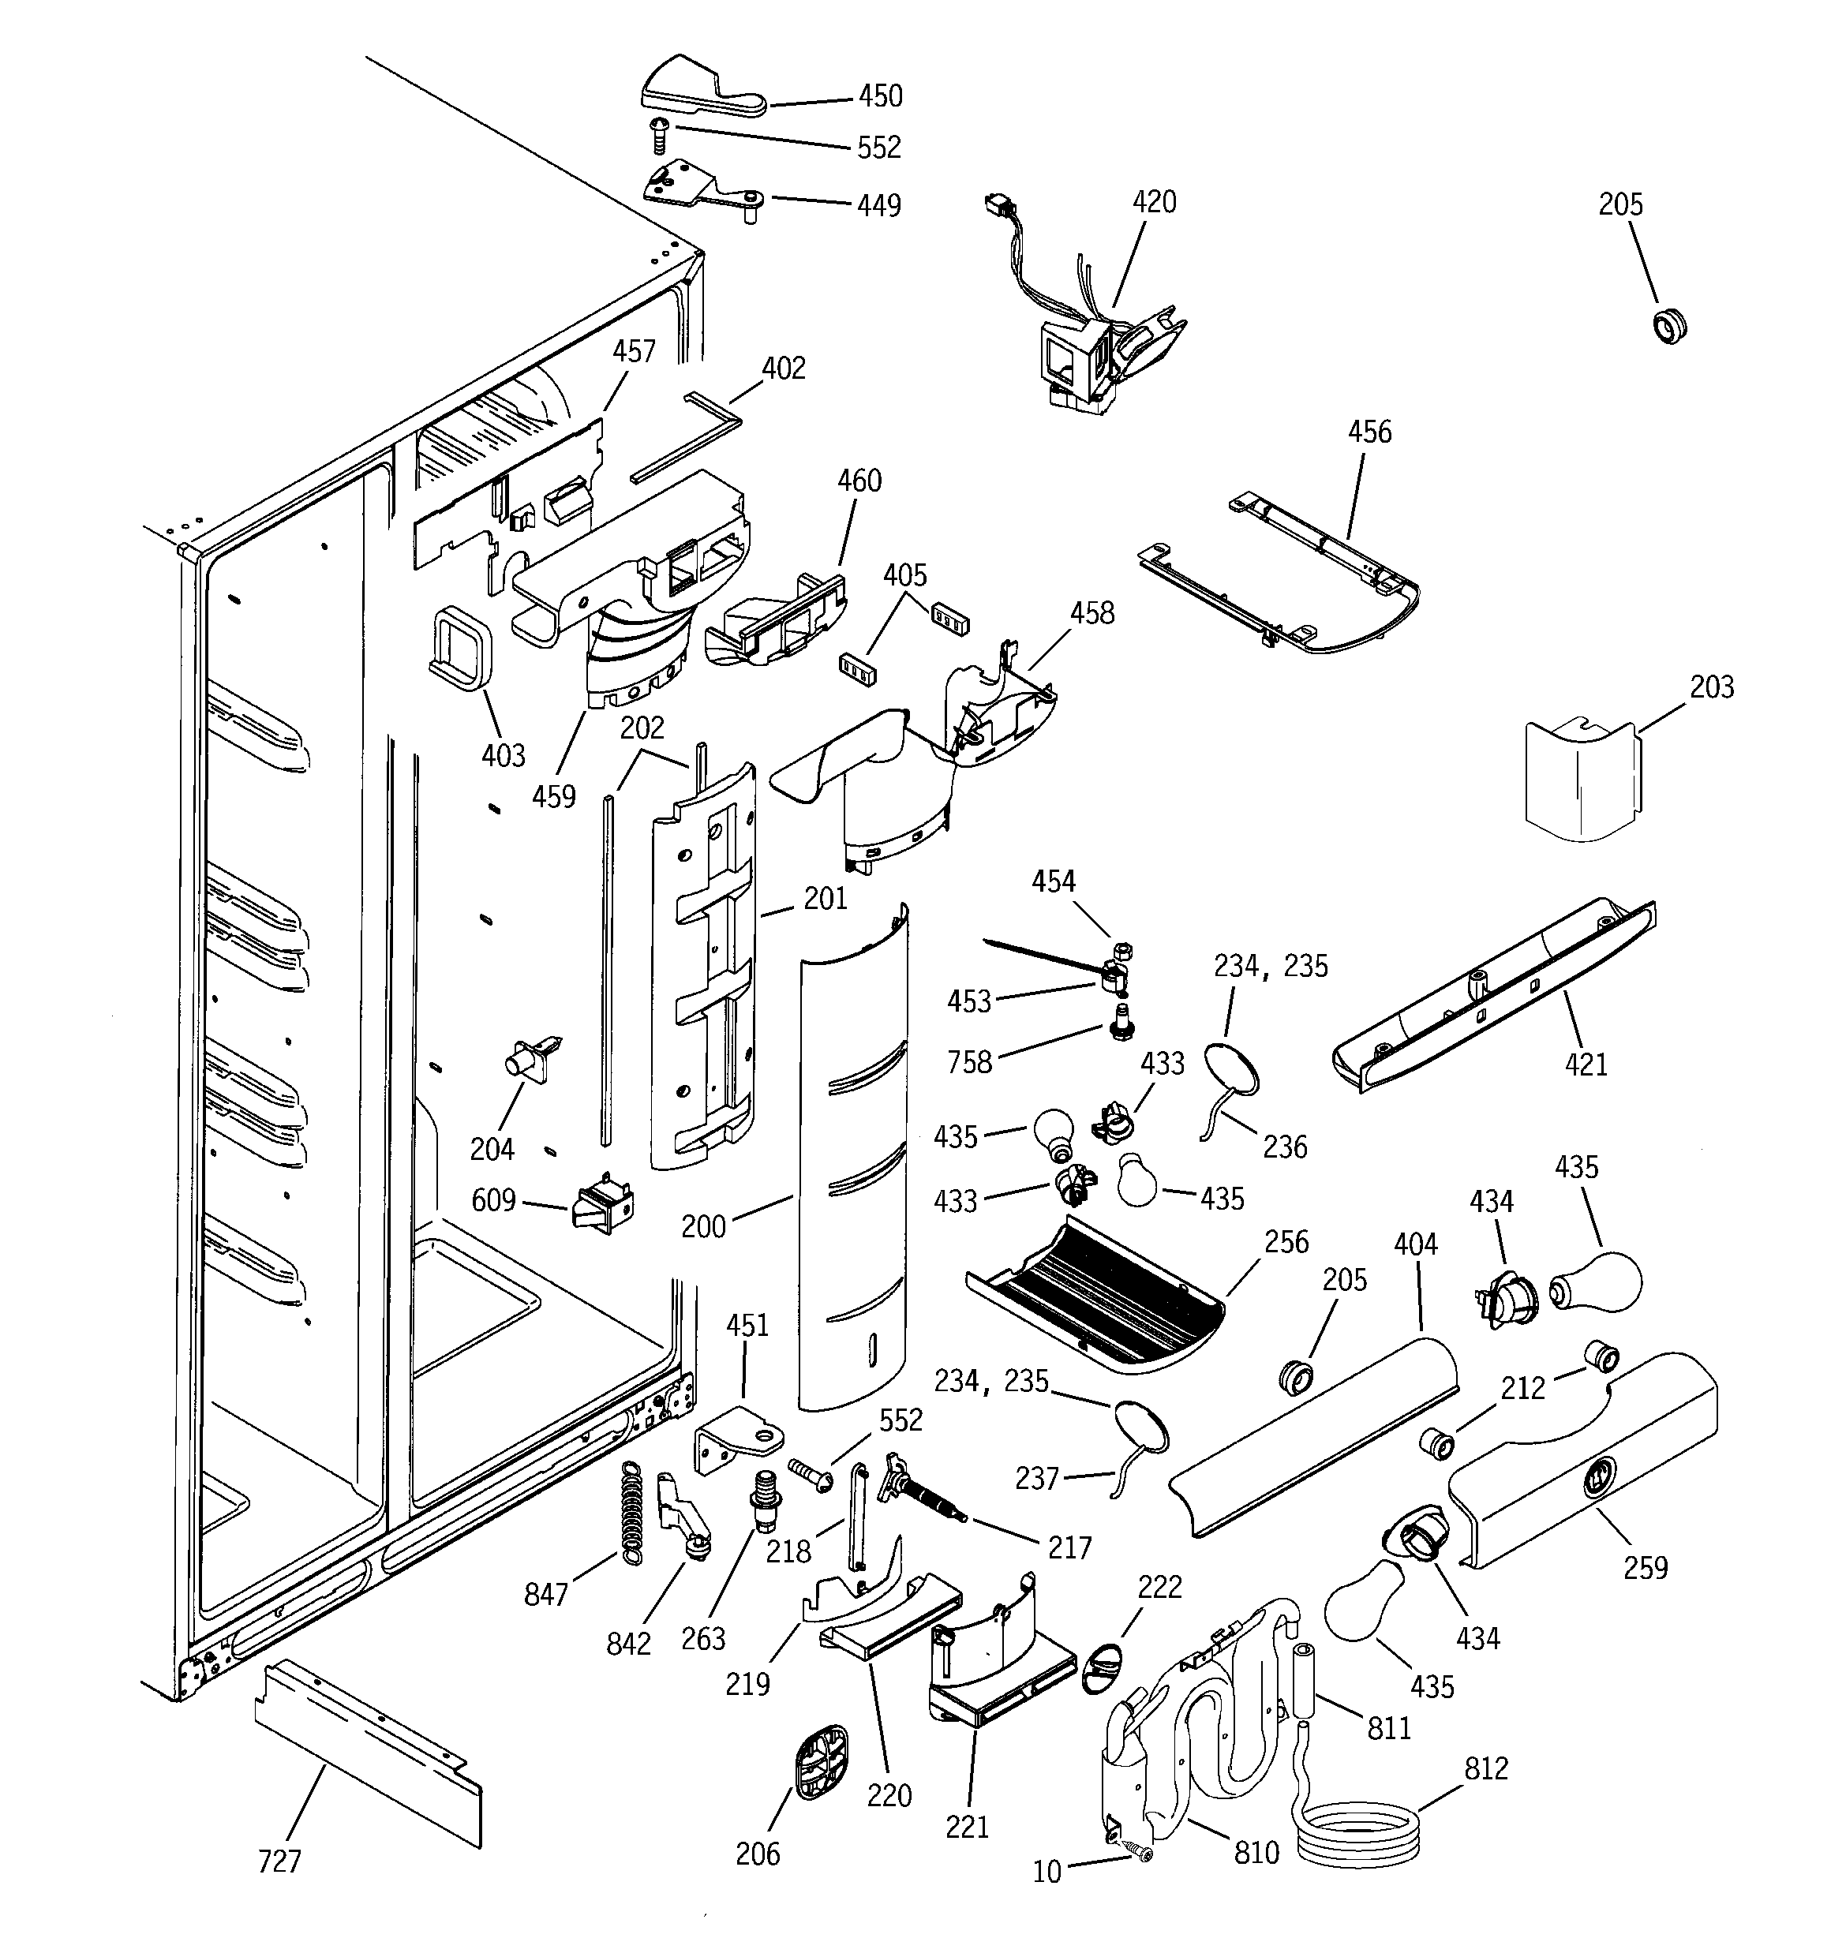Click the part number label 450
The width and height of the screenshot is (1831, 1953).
pyautogui.click(x=880, y=96)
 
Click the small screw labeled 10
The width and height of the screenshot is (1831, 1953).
pyautogui.click(x=1141, y=1852)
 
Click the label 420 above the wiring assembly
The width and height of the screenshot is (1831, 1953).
pyautogui.click(x=1154, y=202)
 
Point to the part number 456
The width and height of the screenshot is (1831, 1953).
pyautogui.click(x=1369, y=432)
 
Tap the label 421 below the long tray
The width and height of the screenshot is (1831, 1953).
pyautogui.click(x=1586, y=1064)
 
